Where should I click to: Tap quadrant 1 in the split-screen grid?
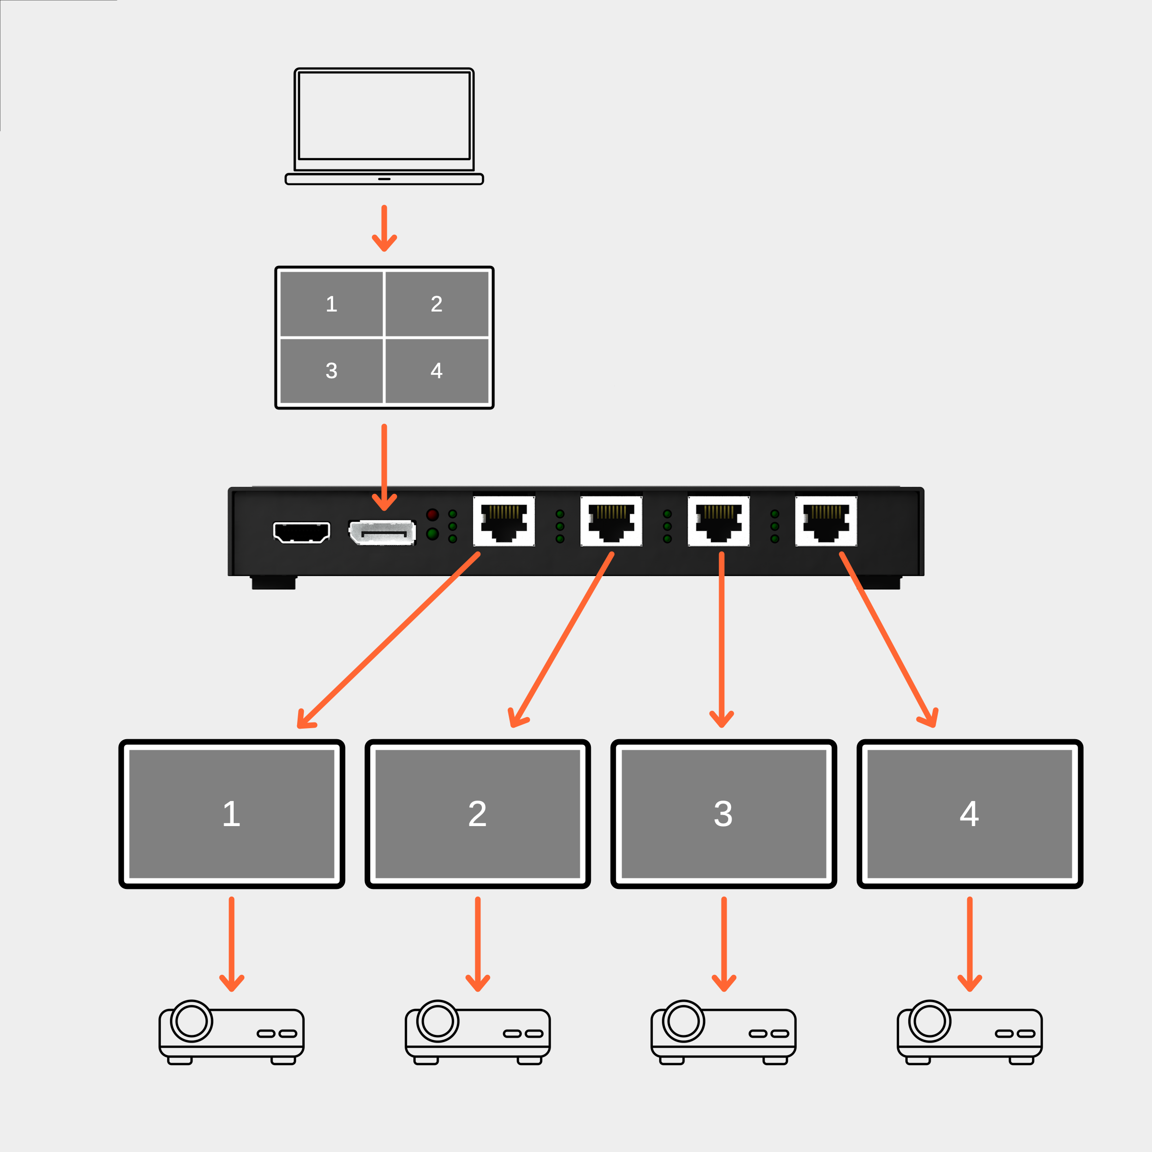(x=332, y=304)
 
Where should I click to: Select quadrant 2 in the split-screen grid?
(x=436, y=304)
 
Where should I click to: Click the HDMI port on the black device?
(x=301, y=532)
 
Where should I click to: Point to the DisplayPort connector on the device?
(x=382, y=532)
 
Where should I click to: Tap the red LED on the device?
(x=432, y=515)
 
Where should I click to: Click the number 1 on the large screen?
(x=231, y=814)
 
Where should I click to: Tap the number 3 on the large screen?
(x=723, y=814)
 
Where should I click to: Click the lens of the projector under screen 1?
(x=192, y=1021)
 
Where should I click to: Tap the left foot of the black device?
(x=274, y=583)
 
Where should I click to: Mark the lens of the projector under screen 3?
(x=684, y=1021)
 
